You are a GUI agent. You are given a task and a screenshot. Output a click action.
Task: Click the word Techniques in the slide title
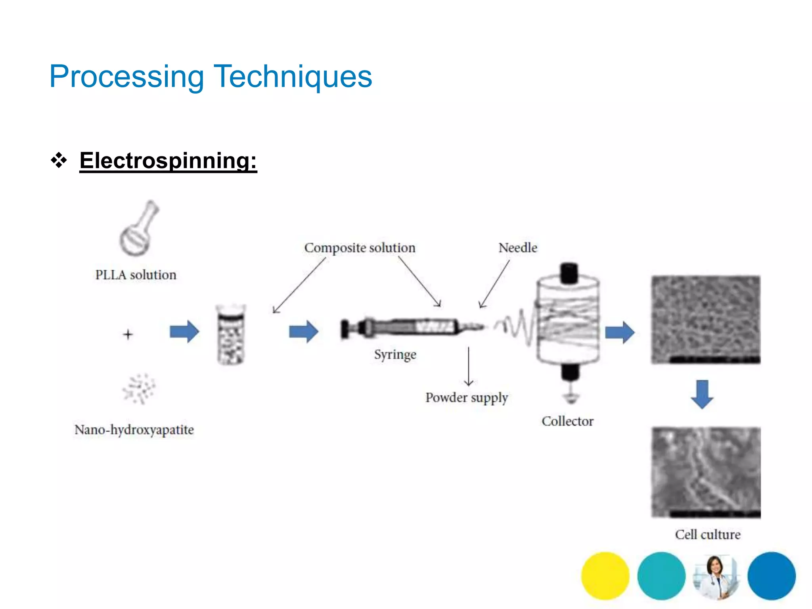[x=293, y=76]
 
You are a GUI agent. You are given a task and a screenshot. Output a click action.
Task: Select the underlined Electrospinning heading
[x=168, y=161]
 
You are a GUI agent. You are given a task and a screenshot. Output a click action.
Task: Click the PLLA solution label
[x=136, y=275]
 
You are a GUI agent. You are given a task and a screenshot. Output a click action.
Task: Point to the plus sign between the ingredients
[x=128, y=334]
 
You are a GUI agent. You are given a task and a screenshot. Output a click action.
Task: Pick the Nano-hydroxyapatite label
[x=134, y=430]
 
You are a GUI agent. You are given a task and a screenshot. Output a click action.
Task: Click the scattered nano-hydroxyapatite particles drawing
[x=138, y=389]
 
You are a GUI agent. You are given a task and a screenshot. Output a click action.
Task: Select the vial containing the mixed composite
[x=231, y=334]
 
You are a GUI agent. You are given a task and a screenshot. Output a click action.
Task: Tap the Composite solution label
[x=360, y=248]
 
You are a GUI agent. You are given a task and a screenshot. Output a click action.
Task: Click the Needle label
[x=518, y=248]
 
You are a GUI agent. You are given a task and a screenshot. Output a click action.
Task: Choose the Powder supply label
[x=466, y=398]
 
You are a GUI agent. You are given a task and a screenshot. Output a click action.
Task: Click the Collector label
[x=567, y=421]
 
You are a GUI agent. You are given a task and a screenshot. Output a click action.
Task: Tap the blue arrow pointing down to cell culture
[x=702, y=394]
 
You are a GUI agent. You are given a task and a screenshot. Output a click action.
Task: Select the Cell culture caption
[x=708, y=534]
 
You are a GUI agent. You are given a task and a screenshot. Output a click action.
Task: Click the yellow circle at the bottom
[x=605, y=576]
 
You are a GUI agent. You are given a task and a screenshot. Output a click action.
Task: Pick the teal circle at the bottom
[x=661, y=576]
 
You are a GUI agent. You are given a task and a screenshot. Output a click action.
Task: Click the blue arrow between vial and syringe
[x=303, y=331]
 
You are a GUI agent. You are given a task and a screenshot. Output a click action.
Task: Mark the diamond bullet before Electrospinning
[x=59, y=161]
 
